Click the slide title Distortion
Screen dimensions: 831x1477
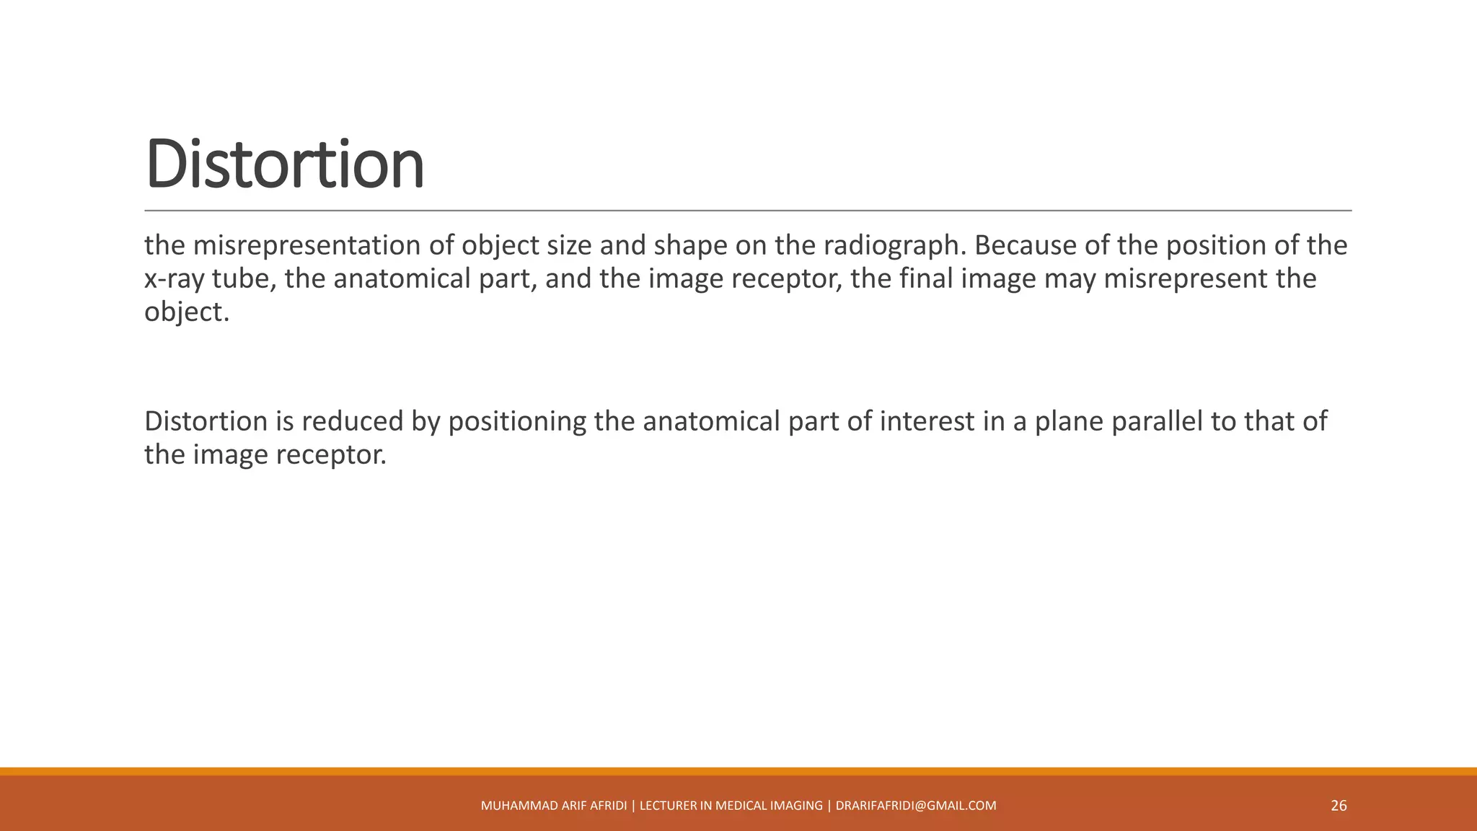pyautogui.click(x=285, y=164)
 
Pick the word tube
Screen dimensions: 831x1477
pyautogui.click(x=244, y=279)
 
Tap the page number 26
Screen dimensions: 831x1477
pyautogui.click(x=1339, y=806)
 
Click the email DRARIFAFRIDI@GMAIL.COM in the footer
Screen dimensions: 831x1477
pyautogui.click(x=916, y=806)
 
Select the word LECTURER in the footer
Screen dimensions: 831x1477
pyautogui.click(x=668, y=806)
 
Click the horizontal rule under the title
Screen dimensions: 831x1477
pyautogui.click(x=748, y=211)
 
